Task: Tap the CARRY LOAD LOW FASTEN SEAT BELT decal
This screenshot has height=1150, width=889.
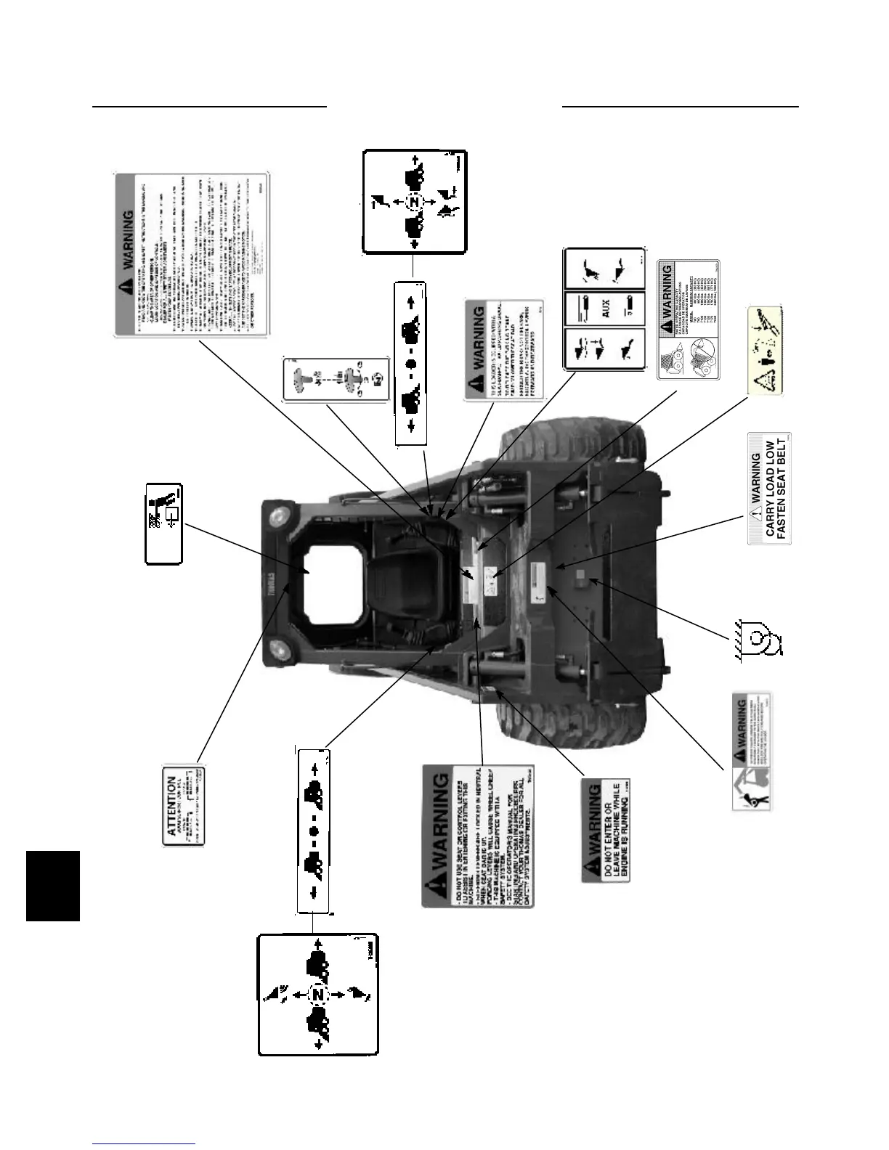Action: point(769,489)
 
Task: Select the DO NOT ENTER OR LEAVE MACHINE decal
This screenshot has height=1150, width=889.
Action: point(606,831)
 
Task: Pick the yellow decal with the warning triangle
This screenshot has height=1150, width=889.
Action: point(765,351)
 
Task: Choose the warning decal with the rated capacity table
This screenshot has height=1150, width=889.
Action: point(688,319)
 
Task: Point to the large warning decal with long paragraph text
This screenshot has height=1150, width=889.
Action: point(192,254)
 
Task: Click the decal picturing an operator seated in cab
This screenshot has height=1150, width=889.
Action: point(164,523)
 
